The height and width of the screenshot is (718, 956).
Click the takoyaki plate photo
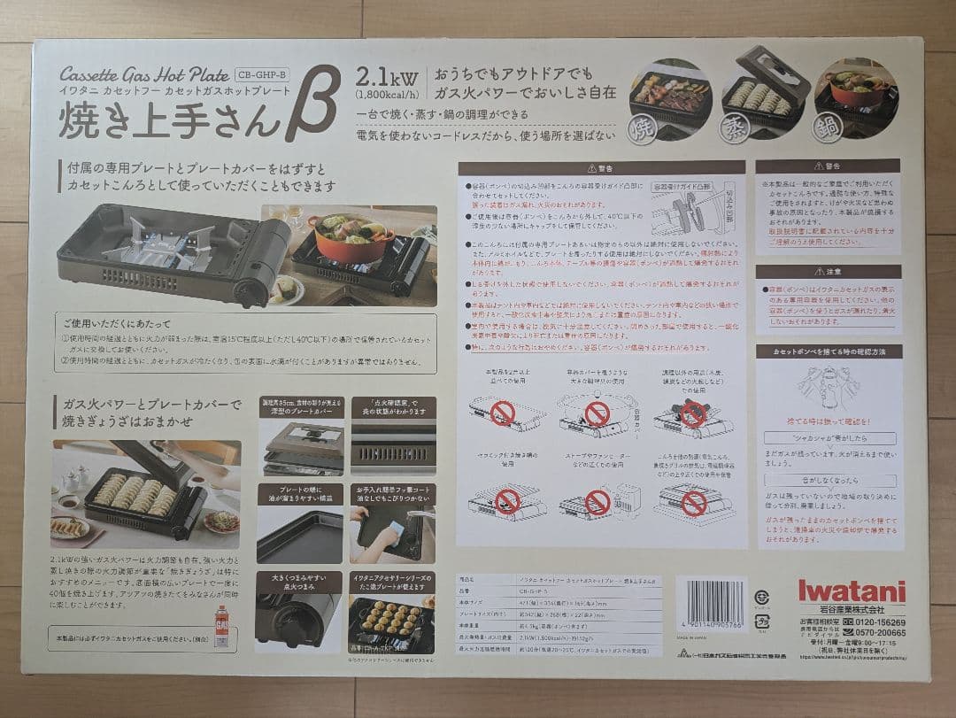392,623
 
